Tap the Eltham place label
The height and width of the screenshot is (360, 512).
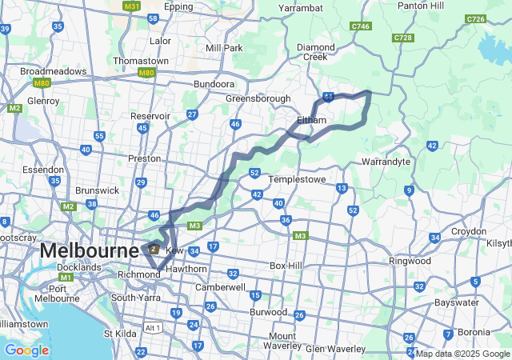(311, 120)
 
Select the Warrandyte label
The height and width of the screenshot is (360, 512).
(386, 162)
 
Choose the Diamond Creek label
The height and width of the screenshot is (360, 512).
(316, 52)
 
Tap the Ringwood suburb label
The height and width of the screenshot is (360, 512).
(410, 261)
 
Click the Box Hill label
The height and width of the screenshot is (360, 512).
(288, 265)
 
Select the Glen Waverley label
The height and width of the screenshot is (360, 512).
(335, 348)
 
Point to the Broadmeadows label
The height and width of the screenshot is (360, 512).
(54, 71)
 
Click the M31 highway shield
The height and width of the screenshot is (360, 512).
(131, 6)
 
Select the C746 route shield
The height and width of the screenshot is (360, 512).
(361, 26)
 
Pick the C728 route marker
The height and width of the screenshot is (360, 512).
(403, 38)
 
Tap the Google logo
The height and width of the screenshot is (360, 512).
(26, 350)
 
